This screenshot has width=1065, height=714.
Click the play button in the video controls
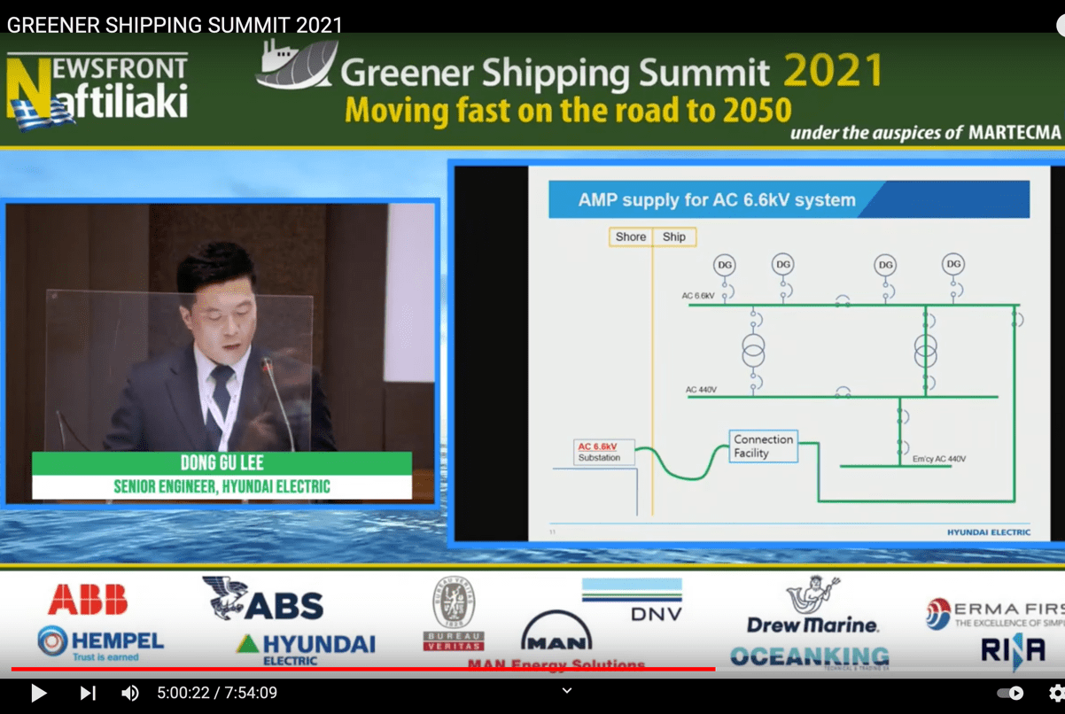click(x=38, y=693)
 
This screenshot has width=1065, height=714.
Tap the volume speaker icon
click(x=129, y=693)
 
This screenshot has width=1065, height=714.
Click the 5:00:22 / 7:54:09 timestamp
click(x=217, y=693)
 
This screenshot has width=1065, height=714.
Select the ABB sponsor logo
click(x=88, y=600)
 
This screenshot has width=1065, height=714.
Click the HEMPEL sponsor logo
click(x=100, y=643)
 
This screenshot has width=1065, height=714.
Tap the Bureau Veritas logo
click(x=453, y=614)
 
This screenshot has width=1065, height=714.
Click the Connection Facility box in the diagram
click(x=763, y=446)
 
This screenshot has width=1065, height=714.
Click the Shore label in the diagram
click(x=631, y=237)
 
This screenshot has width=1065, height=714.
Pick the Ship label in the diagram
click(x=674, y=237)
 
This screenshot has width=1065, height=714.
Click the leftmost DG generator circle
click(x=725, y=264)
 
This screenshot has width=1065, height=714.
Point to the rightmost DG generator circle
click(x=953, y=264)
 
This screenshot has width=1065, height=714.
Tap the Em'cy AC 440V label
click(x=939, y=459)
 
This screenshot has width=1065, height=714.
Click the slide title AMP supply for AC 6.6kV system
click(x=717, y=200)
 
